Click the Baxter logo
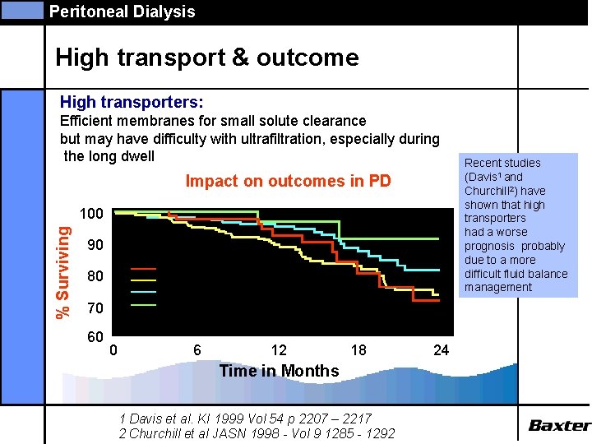click(559, 425)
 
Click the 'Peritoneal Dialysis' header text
click(122, 12)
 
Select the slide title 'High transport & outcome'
click(207, 58)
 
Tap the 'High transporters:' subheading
click(132, 103)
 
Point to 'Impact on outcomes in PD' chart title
click(289, 181)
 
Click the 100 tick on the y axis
click(90, 214)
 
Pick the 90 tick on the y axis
click(95, 246)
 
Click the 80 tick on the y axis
click(95, 277)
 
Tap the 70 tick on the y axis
click(95, 309)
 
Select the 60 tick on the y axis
click(95, 338)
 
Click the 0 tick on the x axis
click(113, 350)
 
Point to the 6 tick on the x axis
click(197, 350)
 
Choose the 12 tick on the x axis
click(279, 350)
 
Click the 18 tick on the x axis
click(358, 350)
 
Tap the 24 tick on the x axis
click(441, 350)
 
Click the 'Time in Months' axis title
click(279, 371)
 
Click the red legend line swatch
click(144, 269)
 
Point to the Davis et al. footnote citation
click(245, 418)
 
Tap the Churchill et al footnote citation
click(257, 433)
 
